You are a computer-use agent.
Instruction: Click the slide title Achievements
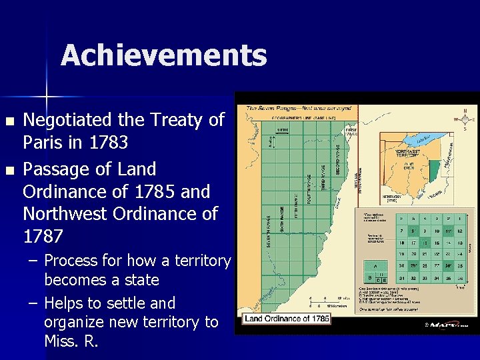pyautogui.click(x=163, y=55)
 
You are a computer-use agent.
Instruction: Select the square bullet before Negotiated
pyautogui.click(x=9, y=121)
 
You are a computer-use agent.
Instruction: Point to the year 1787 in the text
pyautogui.click(x=43, y=236)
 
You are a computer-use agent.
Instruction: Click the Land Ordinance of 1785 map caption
pyautogui.click(x=287, y=319)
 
